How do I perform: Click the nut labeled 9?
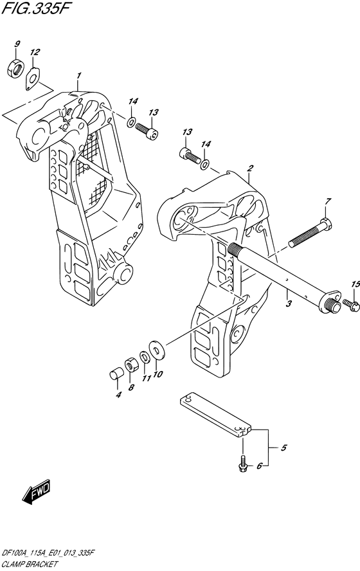click(x=15, y=68)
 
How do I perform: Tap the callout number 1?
click(x=78, y=76)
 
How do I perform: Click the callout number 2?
click(x=250, y=168)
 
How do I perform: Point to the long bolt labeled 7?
click(x=311, y=233)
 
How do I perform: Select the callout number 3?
click(x=289, y=304)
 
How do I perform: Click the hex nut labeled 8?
click(x=130, y=365)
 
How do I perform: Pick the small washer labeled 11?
click(x=144, y=356)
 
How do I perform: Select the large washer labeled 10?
click(x=157, y=350)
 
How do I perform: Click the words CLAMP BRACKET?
click(x=30, y=565)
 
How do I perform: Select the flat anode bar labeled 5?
click(x=215, y=414)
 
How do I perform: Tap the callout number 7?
click(x=328, y=201)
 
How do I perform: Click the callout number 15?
click(x=355, y=284)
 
